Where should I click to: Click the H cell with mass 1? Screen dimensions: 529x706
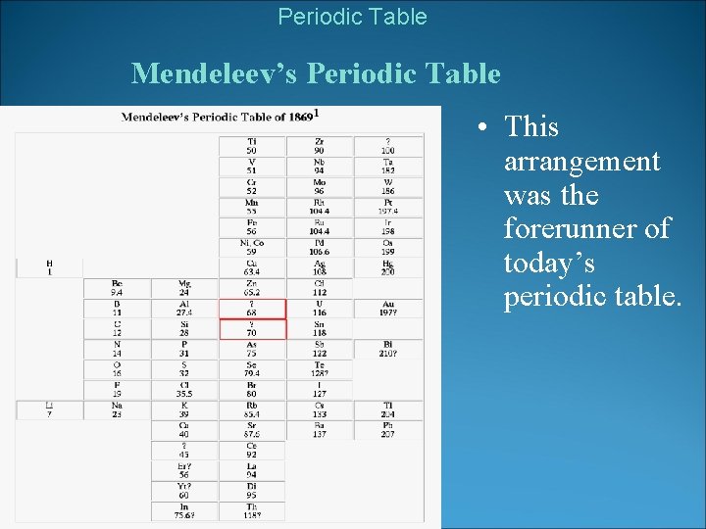click(49, 266)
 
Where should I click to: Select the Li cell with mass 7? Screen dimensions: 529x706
click(49, 409)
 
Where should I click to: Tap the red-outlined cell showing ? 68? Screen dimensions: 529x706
click(251, 309)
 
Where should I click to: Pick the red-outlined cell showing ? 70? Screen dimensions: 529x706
click(251, 329)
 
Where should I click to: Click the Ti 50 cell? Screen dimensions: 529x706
click(251, 145)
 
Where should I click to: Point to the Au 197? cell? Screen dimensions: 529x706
click(388, 309)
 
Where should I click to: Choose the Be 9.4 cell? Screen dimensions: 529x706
click(117, 287)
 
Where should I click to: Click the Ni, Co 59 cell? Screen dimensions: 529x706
click(251, 247)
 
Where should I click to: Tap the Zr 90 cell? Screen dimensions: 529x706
click(320, 145)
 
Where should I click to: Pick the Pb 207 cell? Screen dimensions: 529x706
click(388, 430)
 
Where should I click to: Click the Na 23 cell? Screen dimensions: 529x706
click(117, 409)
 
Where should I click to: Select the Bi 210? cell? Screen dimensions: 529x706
click(388, 349)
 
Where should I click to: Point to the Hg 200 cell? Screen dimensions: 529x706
click(388, 266)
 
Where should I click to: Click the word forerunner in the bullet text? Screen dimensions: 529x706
click(586, 229)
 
